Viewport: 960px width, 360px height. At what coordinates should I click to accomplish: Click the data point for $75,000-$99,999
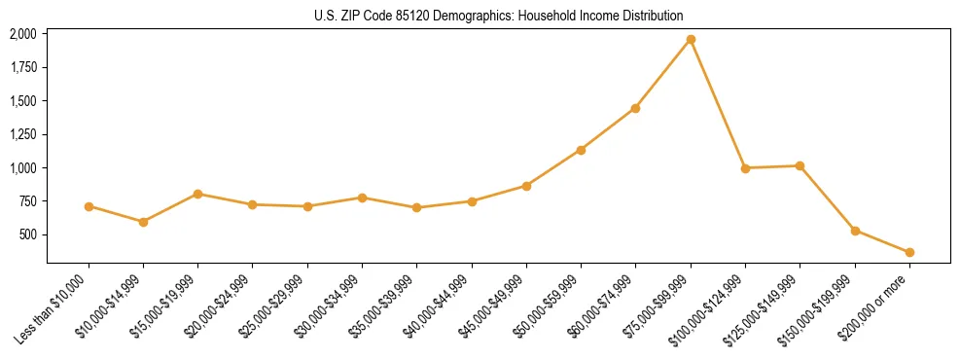click(x=691, y=40)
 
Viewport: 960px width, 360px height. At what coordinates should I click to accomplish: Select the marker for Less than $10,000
click(x=89, y=206)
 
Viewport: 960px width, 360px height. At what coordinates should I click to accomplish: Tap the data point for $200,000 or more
click(x=909, y=253)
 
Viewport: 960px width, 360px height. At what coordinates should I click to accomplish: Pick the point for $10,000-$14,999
click(x=143, y=222)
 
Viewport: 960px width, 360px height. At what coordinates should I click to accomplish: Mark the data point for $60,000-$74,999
click(x=635, y=108)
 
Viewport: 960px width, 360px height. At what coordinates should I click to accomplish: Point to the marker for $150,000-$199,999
click(x=855, y=231)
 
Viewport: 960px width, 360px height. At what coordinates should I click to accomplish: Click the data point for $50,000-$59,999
click(x=581, y=150)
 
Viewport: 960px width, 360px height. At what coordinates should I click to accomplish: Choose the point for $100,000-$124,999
click(x=745, y=168)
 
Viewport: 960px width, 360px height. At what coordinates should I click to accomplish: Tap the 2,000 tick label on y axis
click(x=23, y=34)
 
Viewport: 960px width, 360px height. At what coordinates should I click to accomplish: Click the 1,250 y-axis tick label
click(x=23, y=134)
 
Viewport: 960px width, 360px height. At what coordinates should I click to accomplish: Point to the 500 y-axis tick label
click(x=28, y=234)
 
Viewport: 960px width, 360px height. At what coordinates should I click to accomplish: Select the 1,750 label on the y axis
click(x=23, y=67)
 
